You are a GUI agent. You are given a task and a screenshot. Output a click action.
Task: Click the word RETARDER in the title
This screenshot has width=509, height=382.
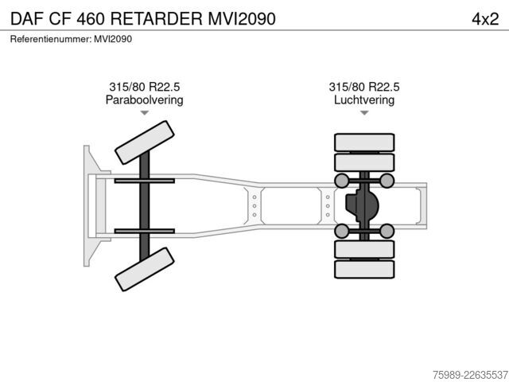coord(157,18)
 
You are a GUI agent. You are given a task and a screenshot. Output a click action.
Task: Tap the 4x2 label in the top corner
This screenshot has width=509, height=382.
coord(485,19)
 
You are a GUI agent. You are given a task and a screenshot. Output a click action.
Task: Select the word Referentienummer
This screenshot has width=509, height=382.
coord(50,39)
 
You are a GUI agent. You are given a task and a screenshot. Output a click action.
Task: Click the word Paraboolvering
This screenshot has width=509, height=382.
coord(145,99)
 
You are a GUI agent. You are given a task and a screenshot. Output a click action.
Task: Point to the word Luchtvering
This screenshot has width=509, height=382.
coord(364,99)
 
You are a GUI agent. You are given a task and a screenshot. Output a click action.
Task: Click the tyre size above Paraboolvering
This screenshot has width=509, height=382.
coord(145,87)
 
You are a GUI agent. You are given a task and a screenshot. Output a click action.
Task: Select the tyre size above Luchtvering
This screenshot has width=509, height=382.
coord(364,87)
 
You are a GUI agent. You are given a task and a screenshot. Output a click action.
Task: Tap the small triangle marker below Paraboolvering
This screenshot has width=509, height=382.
coord(145,113)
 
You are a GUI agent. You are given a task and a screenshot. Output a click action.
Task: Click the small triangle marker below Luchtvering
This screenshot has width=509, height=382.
coord(364,113)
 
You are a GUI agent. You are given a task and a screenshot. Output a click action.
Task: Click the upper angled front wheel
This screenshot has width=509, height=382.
coord(145,142)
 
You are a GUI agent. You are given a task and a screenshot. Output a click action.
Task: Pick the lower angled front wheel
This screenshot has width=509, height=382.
coord(145,269)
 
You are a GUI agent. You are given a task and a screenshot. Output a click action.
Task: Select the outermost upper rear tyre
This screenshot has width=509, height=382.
coord(364,142)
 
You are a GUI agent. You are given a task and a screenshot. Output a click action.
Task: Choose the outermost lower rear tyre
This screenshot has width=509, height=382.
coord(364,269)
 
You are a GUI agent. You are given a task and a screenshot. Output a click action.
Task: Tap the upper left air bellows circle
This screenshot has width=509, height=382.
coord(342,181)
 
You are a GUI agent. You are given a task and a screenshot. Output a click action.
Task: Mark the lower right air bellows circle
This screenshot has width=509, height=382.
coord(387,231)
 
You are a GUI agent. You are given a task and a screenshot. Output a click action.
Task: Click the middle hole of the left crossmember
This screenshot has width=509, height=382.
coord(254,206)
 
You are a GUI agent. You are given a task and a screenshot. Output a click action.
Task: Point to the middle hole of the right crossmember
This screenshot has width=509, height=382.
coord(328,206)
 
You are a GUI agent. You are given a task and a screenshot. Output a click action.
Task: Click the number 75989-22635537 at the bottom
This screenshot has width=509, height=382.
coord(470,375)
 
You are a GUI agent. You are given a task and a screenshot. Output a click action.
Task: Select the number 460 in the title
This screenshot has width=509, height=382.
coord(91,19)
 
